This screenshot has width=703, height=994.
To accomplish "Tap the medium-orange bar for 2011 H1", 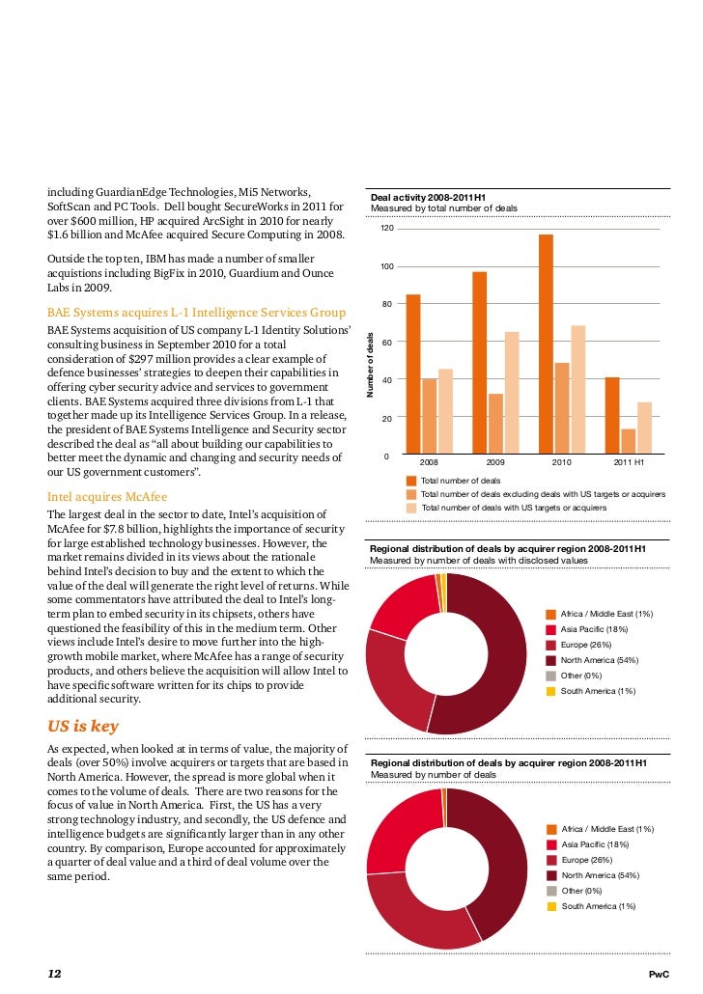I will tap(629, 441).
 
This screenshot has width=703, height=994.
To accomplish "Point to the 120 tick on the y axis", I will tap(386, 229).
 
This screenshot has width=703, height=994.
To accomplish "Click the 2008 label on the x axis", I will tap(429, 463).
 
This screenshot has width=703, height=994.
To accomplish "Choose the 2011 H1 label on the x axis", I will tap(630, 463).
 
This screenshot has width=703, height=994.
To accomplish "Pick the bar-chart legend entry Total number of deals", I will tap(461, 480).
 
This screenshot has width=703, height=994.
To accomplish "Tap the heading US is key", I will tap(83, 727).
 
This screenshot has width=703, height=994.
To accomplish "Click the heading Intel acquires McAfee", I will tap(107, 496).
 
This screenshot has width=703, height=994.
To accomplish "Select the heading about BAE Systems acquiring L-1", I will tap(196, 312).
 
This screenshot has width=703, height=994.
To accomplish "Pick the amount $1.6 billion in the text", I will tap(76, 235).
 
